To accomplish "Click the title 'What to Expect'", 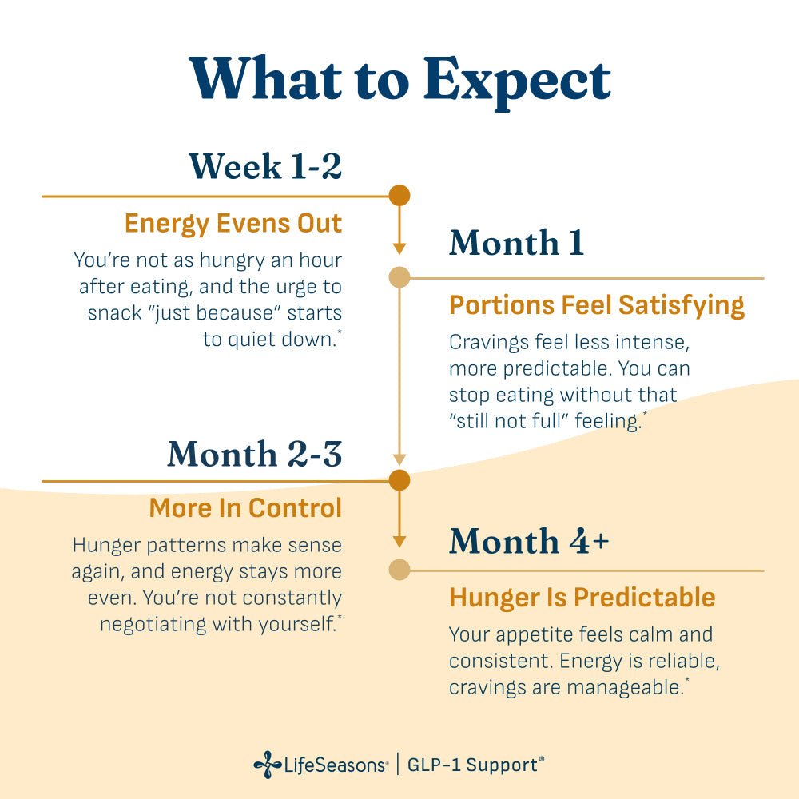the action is [x=399, y=81].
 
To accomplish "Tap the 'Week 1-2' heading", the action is [x=265, y=166].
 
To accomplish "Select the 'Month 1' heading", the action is [x=516, y=243].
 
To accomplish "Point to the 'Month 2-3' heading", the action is [x=255, y=454].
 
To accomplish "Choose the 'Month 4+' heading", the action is [x=529, y=541].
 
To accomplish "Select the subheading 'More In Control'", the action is [x=245, y=508].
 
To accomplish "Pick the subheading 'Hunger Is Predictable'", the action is [x=582, y=598].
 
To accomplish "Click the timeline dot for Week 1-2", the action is [x=399, y=196].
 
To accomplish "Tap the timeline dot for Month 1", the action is [x=399, y=278].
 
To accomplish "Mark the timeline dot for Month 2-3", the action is [x=399, y=480].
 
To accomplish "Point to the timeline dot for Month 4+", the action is [x=399, y=570].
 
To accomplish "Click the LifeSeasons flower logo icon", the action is [x=268, y=765].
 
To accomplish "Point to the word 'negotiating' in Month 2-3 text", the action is [x=153, y=625].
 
